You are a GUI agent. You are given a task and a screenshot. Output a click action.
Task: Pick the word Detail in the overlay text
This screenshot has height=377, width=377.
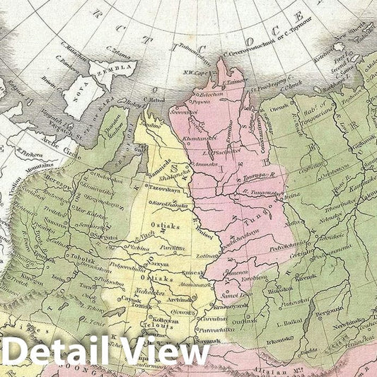click(x=57, y=351)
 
